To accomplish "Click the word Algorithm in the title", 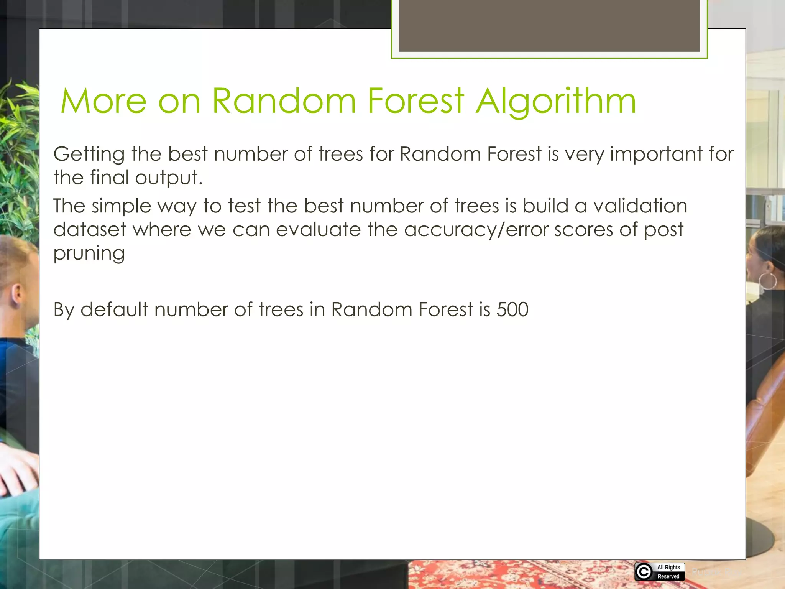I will pos(556,102).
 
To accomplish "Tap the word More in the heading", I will pos(103,102).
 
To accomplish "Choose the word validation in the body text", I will pos(640,206).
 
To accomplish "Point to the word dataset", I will pos(90,230).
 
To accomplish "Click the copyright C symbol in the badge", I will pos(644,572).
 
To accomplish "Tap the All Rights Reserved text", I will pos(668,572).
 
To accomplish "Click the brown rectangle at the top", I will pos(549,25).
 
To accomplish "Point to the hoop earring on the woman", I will pos(768,281).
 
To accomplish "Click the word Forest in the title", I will pos(416,102).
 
